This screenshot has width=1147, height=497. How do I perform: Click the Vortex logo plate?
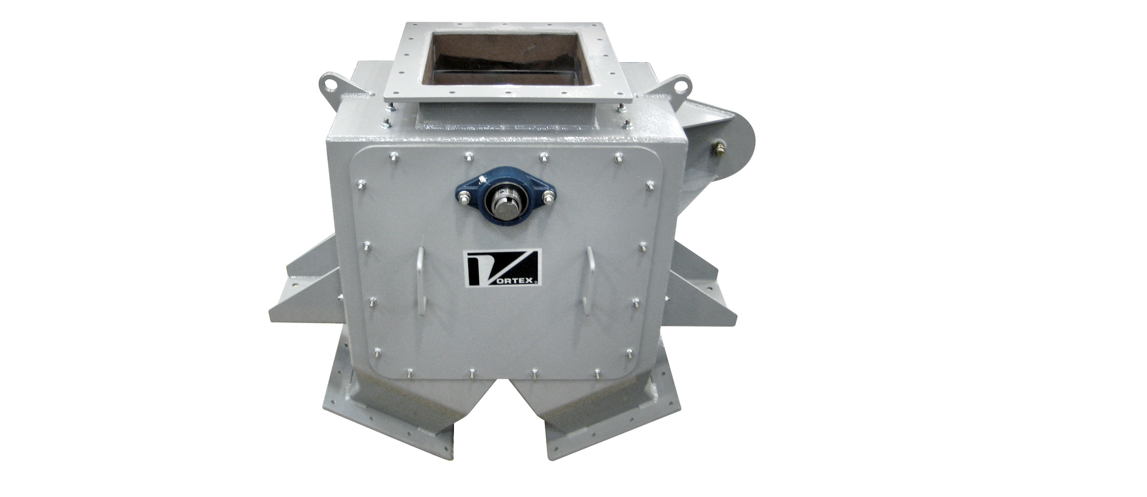coord(503,268)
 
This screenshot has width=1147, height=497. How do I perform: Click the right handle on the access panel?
coord(590,278)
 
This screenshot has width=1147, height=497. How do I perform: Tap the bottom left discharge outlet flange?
coord(388,418)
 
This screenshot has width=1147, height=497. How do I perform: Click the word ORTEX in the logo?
coord(514,280)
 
